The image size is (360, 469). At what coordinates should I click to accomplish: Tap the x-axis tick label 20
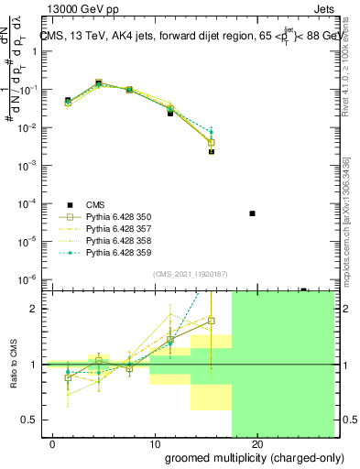[x=257, y=444]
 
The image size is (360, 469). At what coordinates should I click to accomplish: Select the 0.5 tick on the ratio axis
[x=32, y=420]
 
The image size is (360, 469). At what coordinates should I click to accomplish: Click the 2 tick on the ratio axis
[x=36, y=309]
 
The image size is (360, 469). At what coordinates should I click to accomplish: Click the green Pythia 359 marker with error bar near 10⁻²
[x=212, y=132]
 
